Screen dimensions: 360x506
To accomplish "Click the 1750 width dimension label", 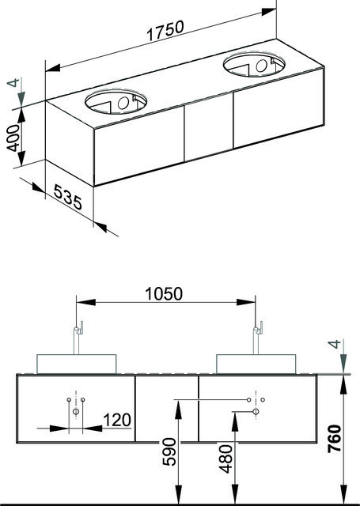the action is point(165,31).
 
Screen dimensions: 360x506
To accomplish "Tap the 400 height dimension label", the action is point(13,138).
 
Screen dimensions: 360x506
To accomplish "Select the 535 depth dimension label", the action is point(68,197).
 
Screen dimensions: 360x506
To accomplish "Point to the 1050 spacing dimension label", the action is point(164,293).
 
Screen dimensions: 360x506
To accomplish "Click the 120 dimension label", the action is point(117,420).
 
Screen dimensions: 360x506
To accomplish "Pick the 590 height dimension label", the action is point(169,451).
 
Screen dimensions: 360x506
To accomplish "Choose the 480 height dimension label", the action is point(225,459).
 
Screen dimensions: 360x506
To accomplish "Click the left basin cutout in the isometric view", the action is point(116,102).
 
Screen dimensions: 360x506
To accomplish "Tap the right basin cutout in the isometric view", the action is point(254,64).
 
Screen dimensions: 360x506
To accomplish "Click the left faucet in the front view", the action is point(78,338).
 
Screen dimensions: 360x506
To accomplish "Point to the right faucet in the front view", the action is point(257,338).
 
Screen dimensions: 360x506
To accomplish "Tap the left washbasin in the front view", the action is point(77,364).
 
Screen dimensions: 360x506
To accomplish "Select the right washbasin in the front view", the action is point(256,364).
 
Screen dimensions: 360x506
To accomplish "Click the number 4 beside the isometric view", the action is point(13,82).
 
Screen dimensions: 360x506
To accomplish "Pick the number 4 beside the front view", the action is point(335,344).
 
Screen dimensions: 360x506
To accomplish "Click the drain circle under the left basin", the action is point(76,411).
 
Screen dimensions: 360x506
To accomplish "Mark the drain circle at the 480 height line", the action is point(256,411).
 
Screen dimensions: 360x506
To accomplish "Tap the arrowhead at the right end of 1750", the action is point(269,12).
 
